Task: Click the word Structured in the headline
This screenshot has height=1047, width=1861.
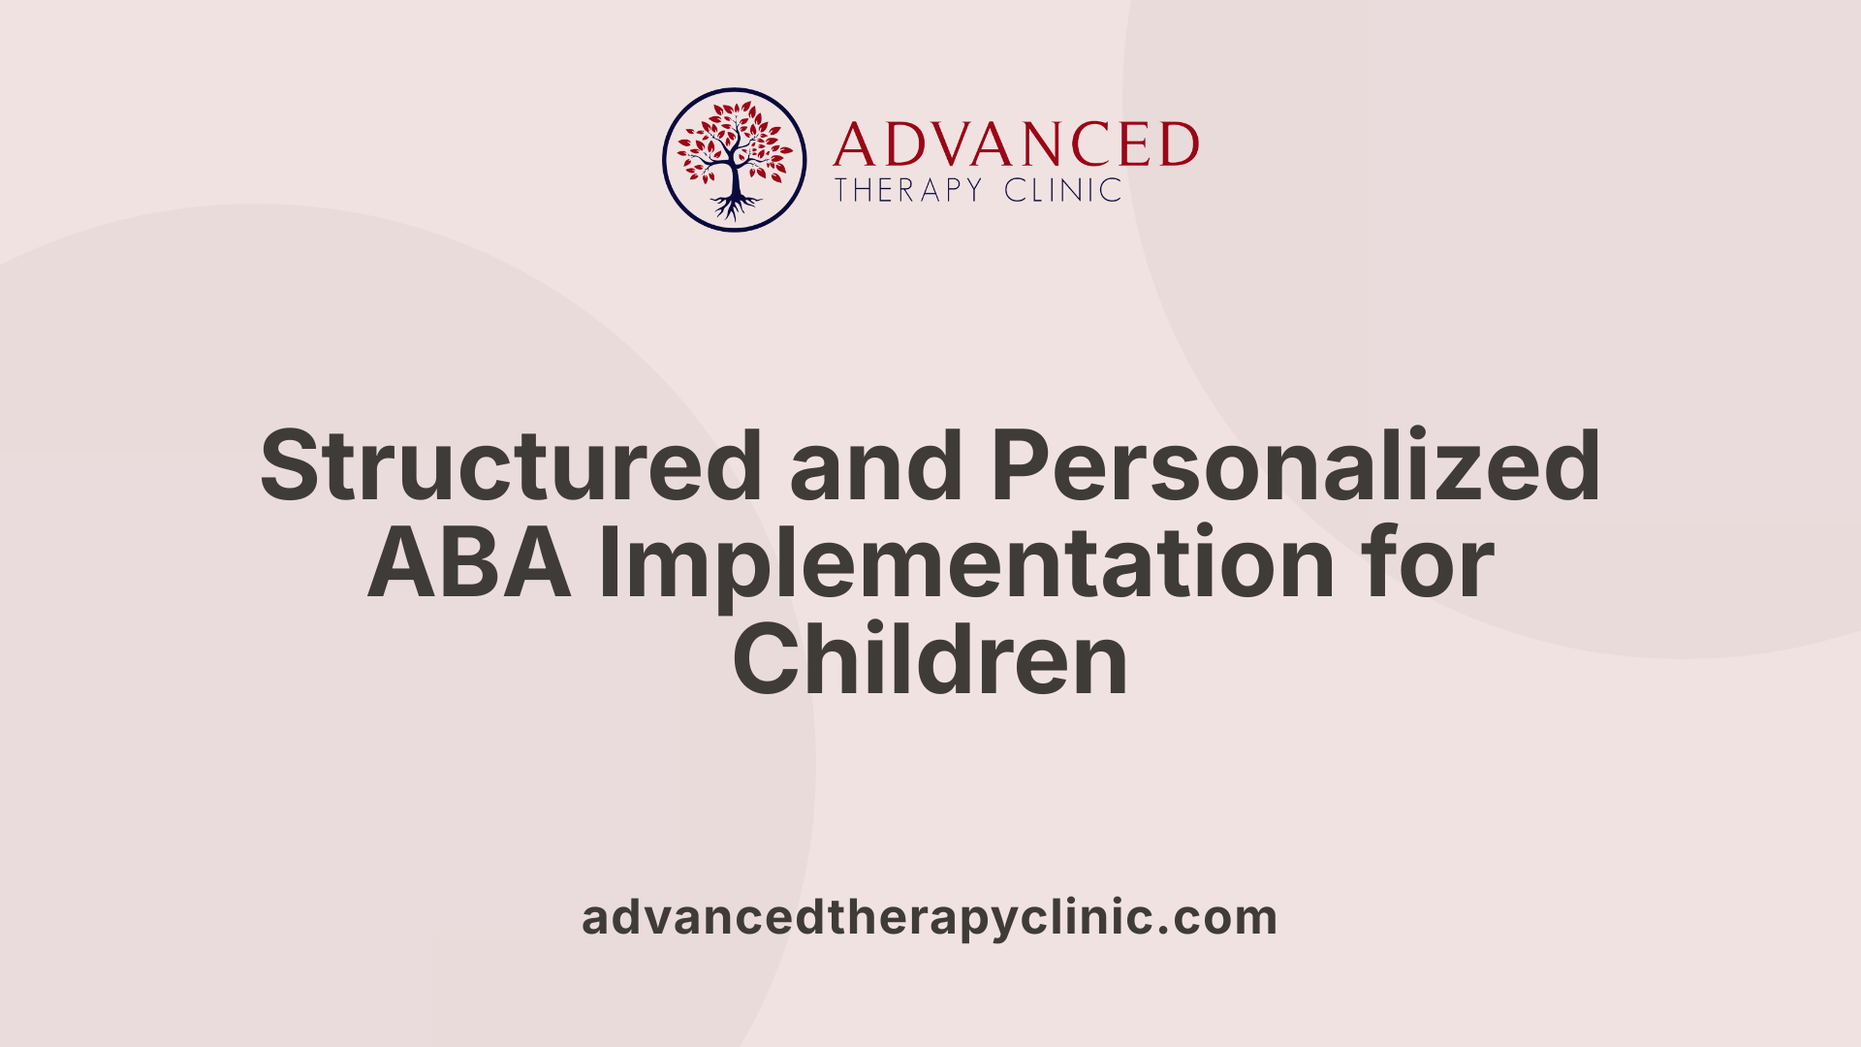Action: point(511,466)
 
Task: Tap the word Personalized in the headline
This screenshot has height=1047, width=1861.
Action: point(1295,466)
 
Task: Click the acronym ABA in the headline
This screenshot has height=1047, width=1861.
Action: point(469,563)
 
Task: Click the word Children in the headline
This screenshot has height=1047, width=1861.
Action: point(930,660)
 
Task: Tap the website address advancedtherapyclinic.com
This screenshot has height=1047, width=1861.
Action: point(930,917)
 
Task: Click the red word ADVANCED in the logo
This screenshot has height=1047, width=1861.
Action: point(1016,145)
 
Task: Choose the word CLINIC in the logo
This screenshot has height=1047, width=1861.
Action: point(1062,190)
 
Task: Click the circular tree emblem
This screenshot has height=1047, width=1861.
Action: point(735,160)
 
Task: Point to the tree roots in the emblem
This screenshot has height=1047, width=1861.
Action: point(735,206)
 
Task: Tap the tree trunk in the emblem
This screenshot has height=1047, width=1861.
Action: point(735,179)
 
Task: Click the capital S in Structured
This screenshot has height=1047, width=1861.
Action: point(290,466)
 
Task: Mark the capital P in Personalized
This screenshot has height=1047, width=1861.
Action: point(1022,466)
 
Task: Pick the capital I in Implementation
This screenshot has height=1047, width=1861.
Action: point(607,563)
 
